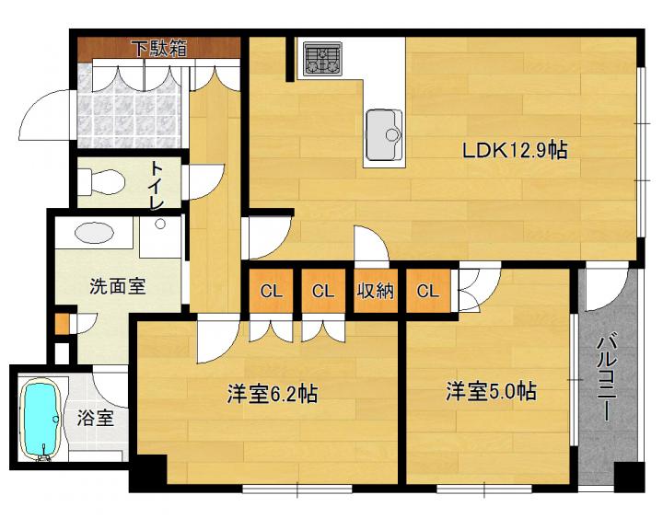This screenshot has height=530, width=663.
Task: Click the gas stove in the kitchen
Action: click(x=323, y=58)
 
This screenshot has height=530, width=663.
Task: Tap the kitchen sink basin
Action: click(x=384, y=135)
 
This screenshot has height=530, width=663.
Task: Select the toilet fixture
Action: click(x=102, y=182)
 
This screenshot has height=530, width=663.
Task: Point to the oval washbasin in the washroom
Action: click(x=94, y=233)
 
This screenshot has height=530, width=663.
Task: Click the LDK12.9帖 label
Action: click(x=515, y=151)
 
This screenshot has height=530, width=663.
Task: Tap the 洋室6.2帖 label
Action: click(x=273, y=394)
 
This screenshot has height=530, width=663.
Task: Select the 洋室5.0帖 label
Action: click(x=491, y=391)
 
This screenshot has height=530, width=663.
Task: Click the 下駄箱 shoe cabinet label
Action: click(x=159, y=48)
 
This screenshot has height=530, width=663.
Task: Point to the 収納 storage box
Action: click(x=376, y=291)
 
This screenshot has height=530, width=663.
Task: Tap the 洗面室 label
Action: click(x=117, y=286)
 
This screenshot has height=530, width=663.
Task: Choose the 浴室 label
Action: click(x=96, y=418)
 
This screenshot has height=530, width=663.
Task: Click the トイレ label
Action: click(x=156, y=186)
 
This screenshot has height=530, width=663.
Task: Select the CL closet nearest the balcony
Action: click(x=428, y=291)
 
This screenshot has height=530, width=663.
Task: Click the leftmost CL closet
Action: click(x=271, y=291)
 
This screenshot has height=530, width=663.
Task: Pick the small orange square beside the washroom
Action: click(x=62, y=324)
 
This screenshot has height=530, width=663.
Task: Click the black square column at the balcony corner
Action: click(x=629, y=477)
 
